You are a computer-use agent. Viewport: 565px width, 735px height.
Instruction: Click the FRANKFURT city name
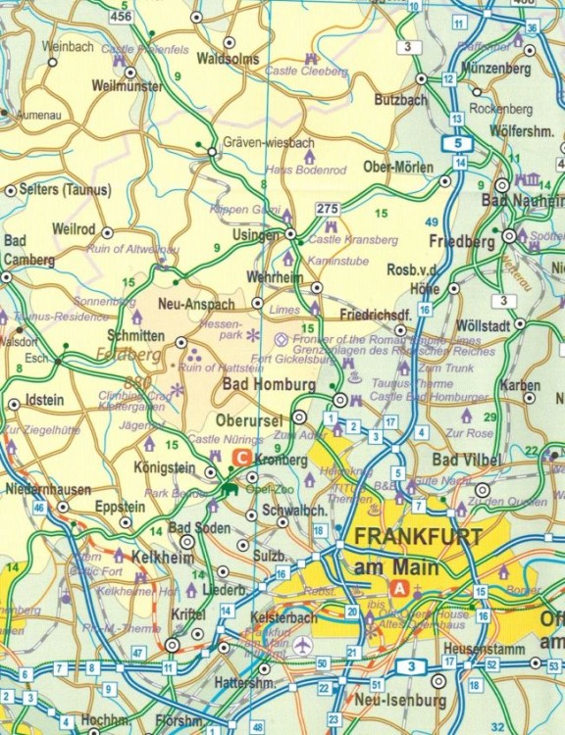coord(418,537)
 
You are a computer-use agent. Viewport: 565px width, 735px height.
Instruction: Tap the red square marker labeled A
coord(399,587)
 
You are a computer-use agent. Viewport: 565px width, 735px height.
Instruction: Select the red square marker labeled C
coord(238,458)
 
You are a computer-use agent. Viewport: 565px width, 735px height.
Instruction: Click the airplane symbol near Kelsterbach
coord(302,646)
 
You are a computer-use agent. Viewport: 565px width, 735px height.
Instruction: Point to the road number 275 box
coord(328,209)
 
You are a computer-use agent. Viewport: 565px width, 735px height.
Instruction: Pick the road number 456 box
coord(122,16)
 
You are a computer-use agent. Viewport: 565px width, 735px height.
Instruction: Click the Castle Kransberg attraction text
coord(353,239)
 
